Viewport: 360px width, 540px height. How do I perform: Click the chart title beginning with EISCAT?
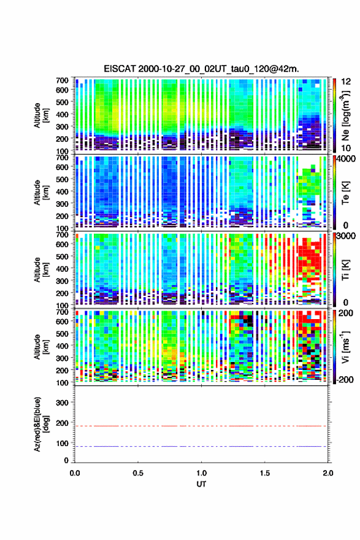point(201,69)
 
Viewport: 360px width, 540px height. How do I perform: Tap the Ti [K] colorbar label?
point(345,270)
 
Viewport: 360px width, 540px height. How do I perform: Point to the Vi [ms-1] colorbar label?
point(346,347)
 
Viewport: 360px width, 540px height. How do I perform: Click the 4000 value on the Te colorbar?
point(345,159)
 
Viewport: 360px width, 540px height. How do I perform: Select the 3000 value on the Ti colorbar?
point(345,236)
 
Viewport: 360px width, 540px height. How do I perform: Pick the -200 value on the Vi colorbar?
point(344,379)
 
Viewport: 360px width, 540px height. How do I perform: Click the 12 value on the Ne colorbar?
point(347,82)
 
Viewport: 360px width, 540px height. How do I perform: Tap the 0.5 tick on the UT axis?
point(138,473)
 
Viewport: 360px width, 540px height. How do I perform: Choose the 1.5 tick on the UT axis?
point(265,473)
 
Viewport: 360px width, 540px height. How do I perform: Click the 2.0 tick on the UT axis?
point(328,473)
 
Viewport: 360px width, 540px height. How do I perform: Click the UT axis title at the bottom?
point(201,484)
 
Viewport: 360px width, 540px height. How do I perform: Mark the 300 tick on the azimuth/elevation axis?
point(63,403)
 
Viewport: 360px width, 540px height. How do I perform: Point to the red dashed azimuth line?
point(201,426)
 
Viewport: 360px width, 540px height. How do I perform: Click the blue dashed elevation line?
point(201,446)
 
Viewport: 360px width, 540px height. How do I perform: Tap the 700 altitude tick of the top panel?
point(63,80)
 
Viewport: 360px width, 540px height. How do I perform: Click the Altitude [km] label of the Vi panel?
point(40,347)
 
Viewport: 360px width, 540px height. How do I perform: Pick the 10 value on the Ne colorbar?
point(347,148)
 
